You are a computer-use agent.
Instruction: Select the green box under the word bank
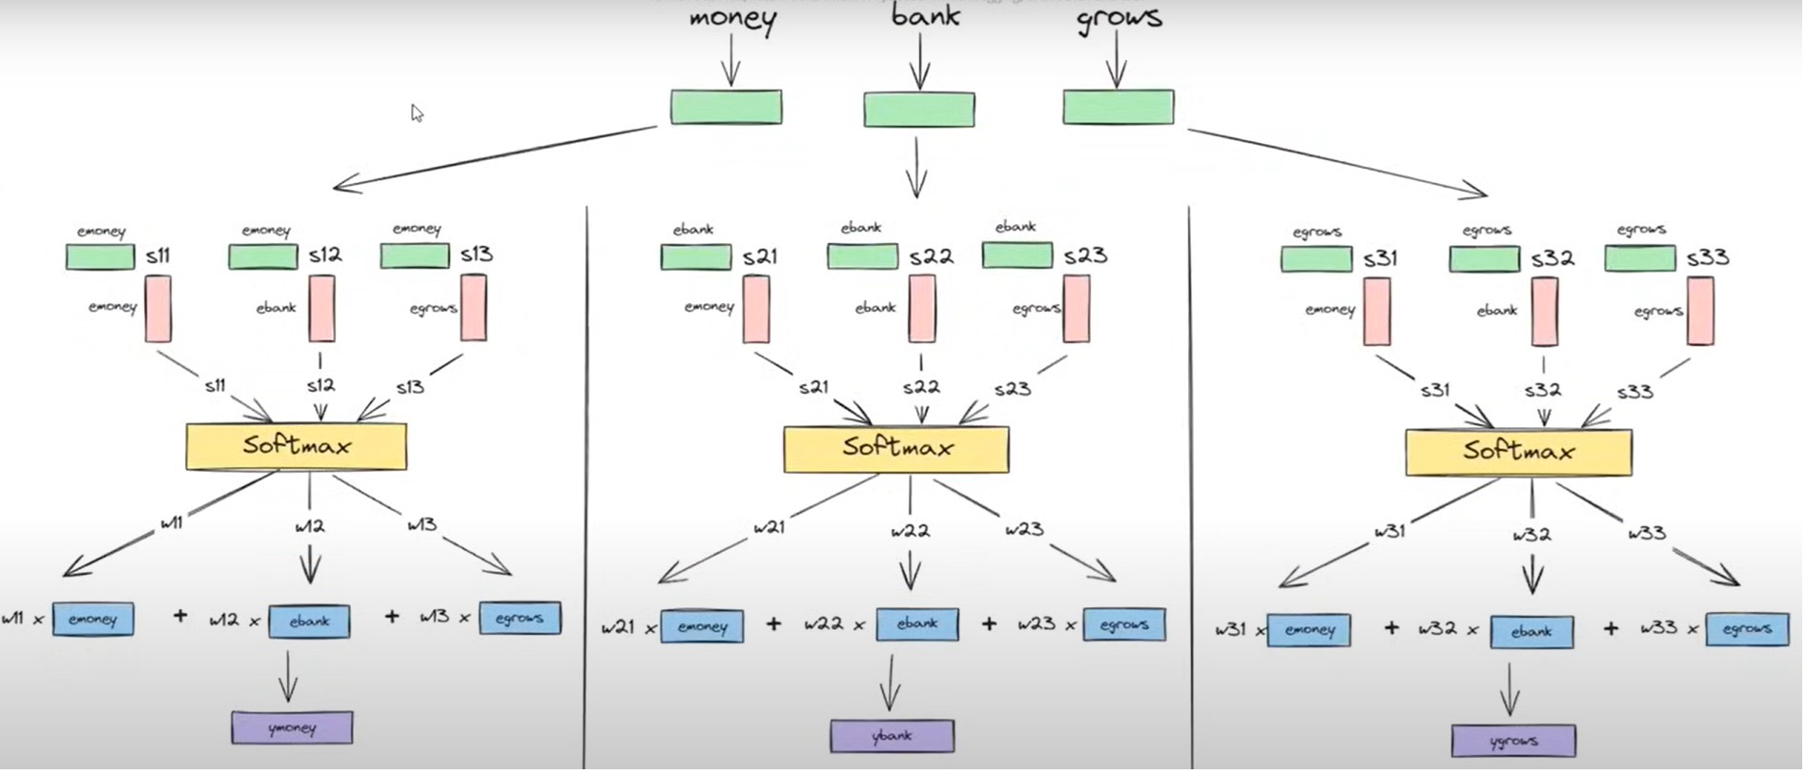919,110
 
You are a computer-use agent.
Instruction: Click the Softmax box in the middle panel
896,449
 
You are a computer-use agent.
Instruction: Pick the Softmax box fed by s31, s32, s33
1518,452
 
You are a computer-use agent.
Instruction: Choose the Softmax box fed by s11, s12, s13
297,446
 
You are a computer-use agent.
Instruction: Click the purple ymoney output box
292,728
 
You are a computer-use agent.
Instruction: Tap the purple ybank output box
892,736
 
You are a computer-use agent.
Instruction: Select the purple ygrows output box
1513,741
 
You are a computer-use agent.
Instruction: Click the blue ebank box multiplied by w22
917,623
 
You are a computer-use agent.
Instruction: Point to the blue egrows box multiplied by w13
520,618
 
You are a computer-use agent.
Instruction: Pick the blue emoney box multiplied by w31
1308,631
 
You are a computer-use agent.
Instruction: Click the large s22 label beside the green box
931,256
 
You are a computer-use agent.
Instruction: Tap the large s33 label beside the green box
1707,257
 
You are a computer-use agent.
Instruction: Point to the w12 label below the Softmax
310,525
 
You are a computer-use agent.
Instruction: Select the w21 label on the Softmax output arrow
769,527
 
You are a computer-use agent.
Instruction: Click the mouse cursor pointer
417,113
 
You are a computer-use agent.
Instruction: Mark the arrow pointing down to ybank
891,683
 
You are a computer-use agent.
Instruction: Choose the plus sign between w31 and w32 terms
1391,627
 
